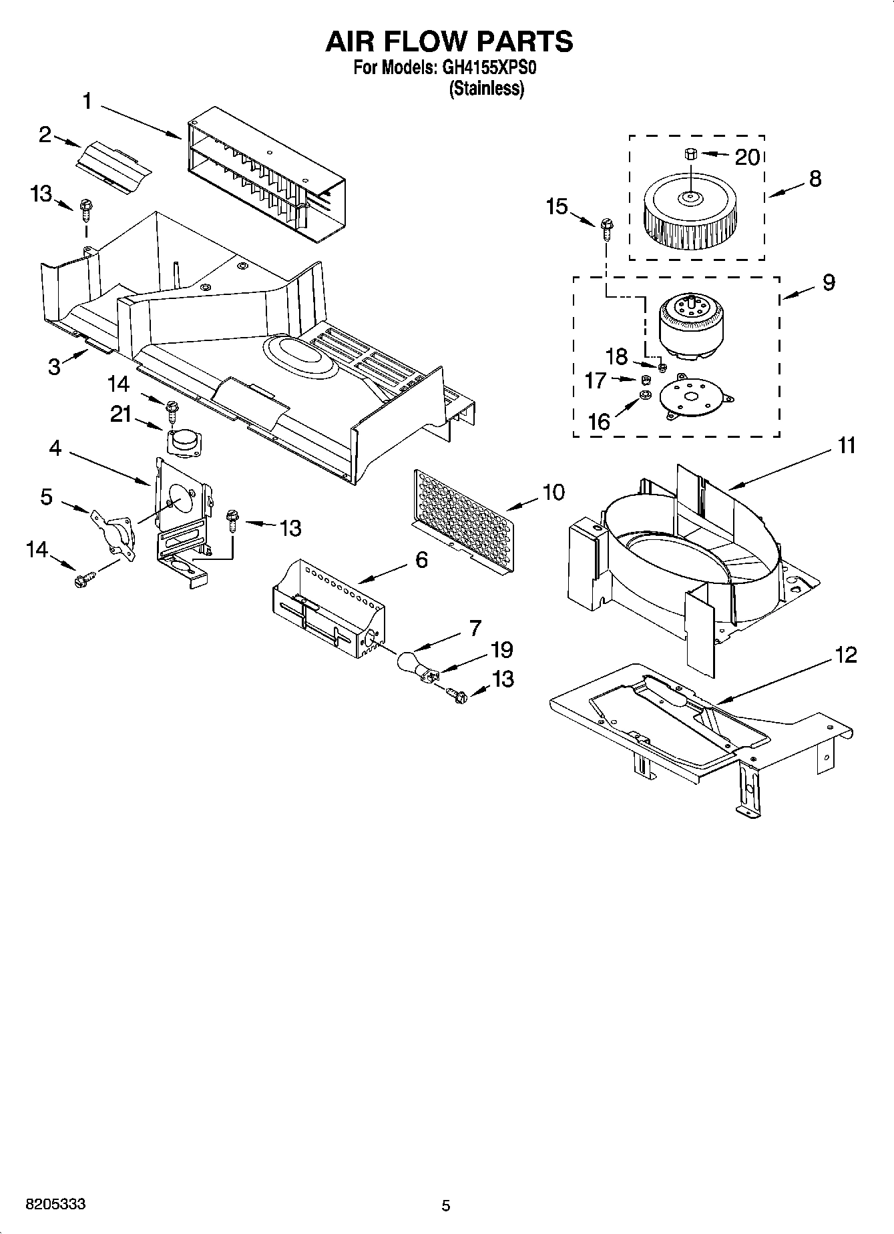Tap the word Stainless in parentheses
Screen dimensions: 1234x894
487,89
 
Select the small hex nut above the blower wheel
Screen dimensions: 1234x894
690,155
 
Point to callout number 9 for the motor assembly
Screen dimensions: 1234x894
828,282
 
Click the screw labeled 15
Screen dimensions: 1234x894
606,228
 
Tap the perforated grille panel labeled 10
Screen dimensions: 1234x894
463,518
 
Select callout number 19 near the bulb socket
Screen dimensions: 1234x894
501,649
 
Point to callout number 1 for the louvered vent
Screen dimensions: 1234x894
87,101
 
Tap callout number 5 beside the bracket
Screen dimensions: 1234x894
46,497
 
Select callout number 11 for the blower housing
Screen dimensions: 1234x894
846,445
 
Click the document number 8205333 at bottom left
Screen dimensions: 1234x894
55,1205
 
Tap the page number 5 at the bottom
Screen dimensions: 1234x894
446,1205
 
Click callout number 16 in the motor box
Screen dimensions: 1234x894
599,422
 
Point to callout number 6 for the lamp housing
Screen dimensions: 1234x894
421,559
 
